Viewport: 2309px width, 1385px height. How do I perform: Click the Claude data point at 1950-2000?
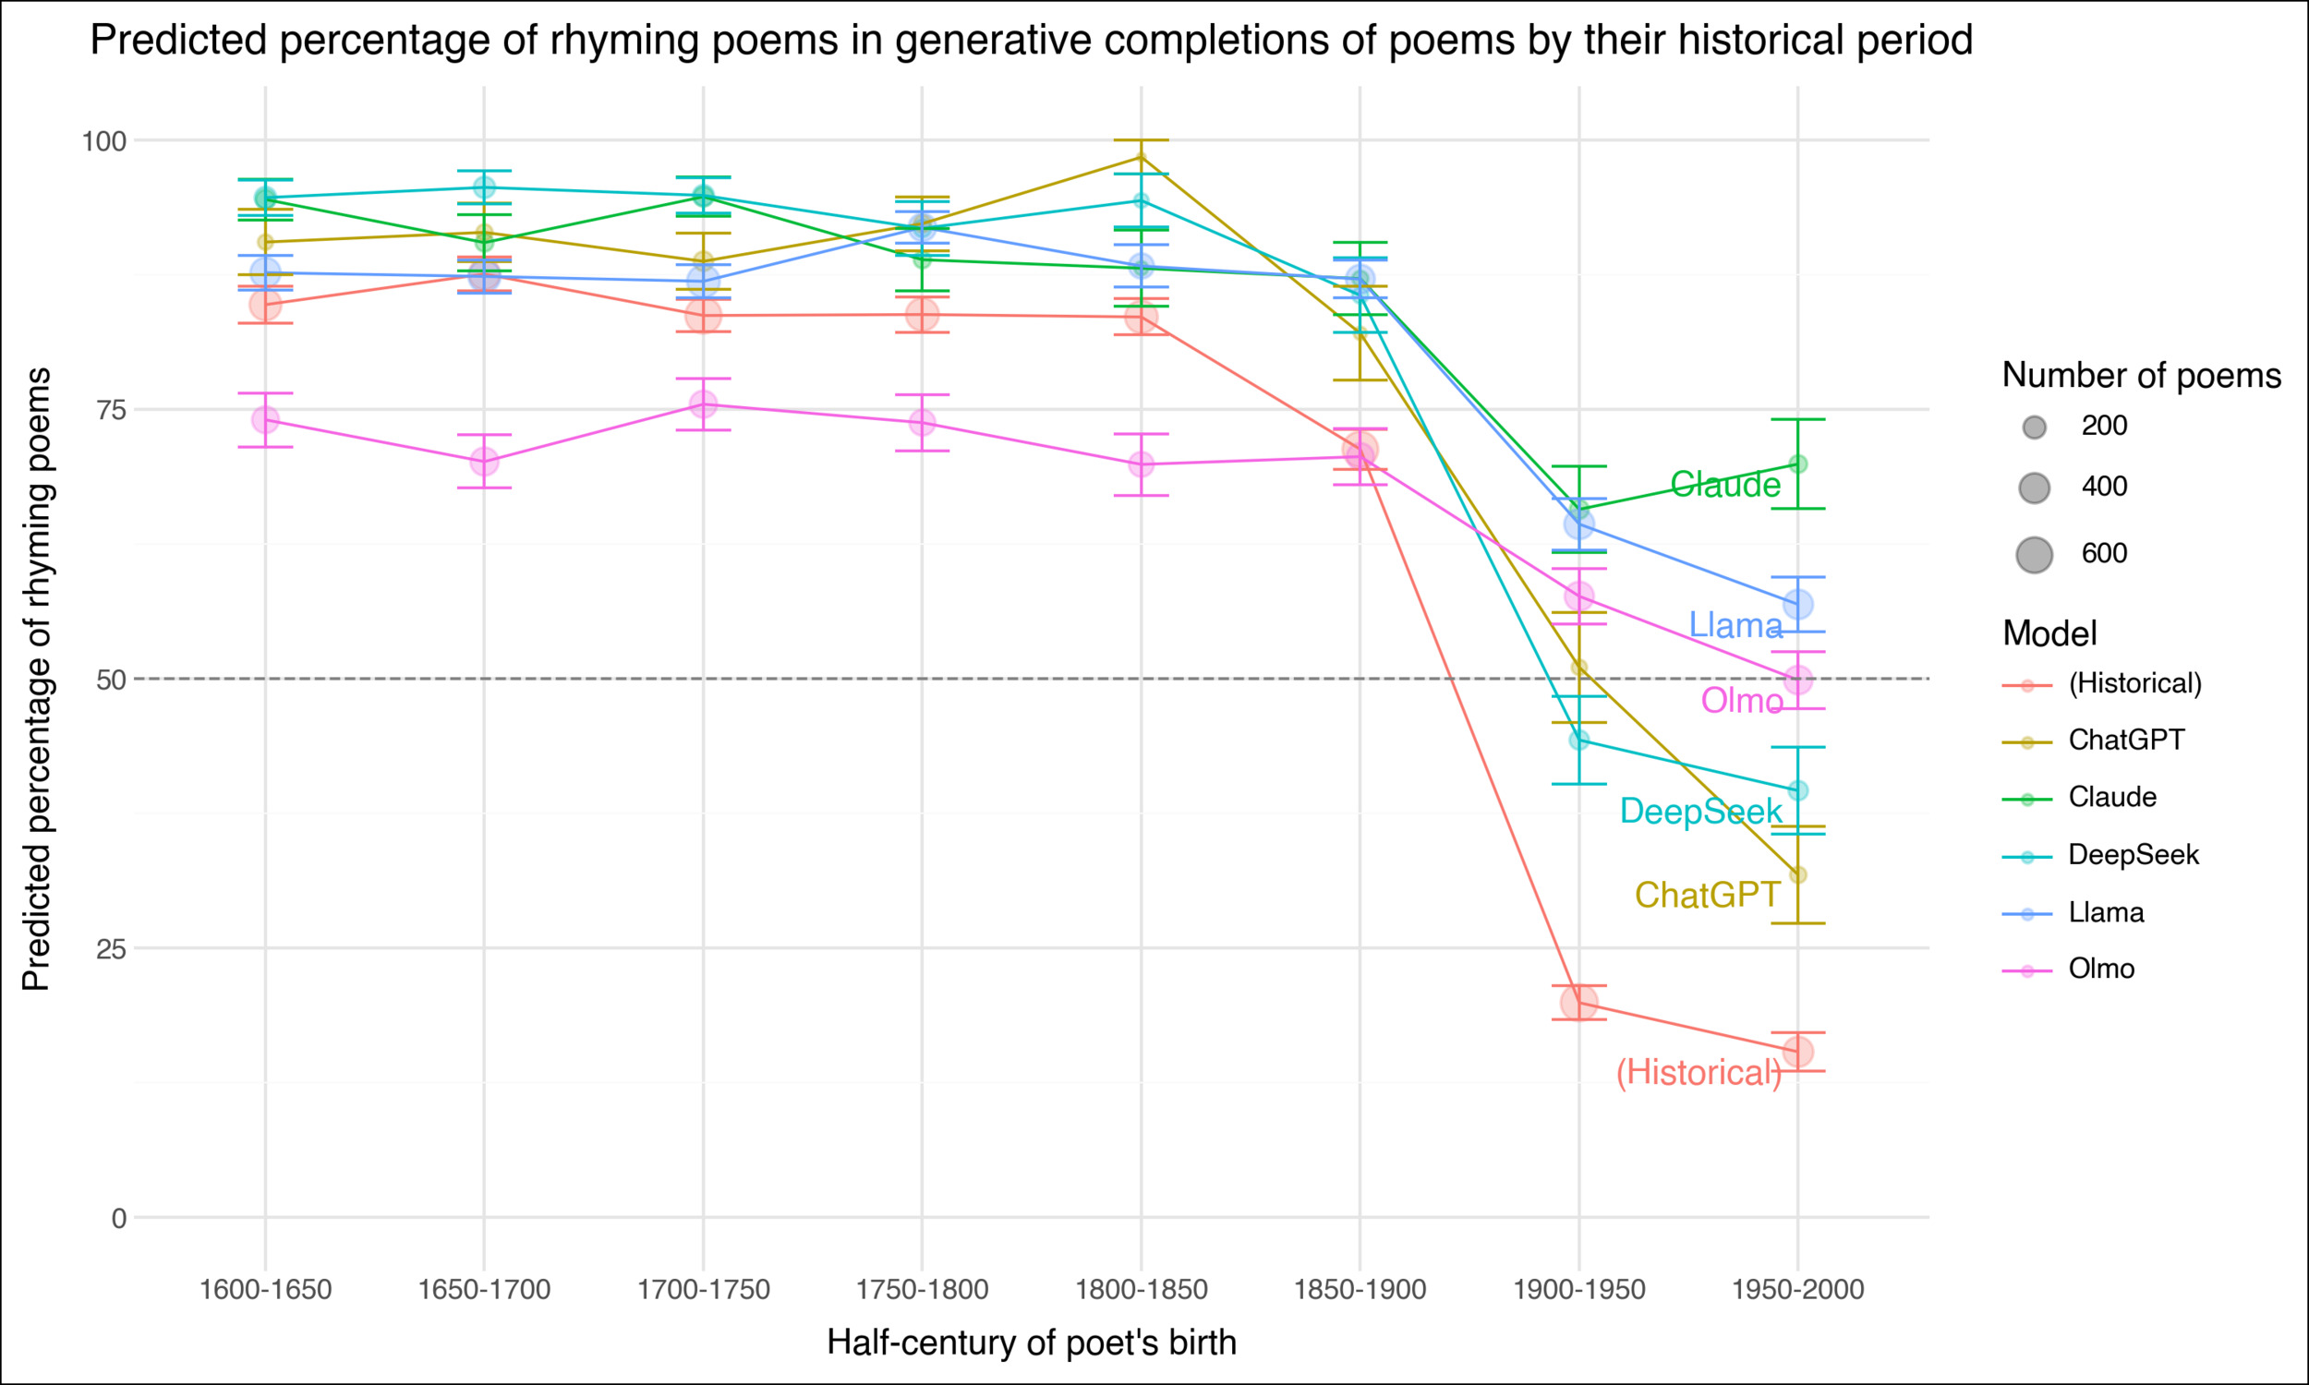point(1797,464)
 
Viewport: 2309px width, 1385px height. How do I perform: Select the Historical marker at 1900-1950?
point(1578,1003)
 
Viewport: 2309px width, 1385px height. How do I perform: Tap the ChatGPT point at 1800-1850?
point(1141,157)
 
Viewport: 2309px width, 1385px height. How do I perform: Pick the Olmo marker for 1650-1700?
point(483,461)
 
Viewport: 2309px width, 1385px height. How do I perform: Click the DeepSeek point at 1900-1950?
point(1578,741)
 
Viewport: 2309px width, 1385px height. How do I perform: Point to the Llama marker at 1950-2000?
point(1797,604)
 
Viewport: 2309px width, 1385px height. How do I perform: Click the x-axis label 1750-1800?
point(921,1290)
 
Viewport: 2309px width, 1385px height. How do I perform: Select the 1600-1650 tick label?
point(265,1290)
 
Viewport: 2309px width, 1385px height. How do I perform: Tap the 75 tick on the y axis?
point(110,410)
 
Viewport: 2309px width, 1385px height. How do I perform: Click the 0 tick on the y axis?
point(117,1218)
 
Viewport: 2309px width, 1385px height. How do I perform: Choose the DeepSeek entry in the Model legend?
point(2133,855)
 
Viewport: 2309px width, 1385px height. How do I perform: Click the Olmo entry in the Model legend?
point(2101,969)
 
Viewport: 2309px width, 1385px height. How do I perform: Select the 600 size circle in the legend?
point(2034,554)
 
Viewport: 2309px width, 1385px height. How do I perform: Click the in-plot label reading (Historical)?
point(1699,1072)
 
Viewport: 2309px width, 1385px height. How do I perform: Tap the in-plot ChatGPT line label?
point(1707,895)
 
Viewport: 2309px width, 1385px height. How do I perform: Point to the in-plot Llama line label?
point(1735,625)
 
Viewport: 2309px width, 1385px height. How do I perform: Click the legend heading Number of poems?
point(2140,375)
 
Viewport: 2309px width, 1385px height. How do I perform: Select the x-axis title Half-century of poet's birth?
point(1031,1343)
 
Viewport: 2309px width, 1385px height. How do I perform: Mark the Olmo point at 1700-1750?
point(703,404)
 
